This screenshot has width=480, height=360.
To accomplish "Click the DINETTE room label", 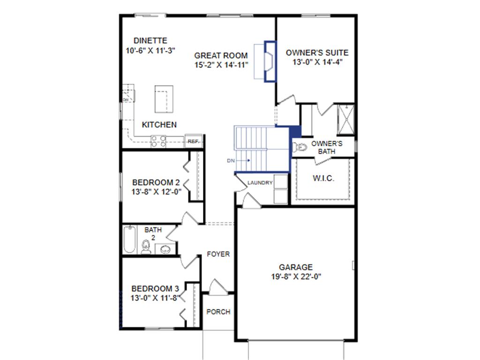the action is pos(150,41).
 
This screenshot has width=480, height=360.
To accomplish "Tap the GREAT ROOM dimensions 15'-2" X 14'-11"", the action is pos(221,65).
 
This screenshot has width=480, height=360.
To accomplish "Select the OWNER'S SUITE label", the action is pos(317,52).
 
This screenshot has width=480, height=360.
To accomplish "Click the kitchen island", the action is pos(164,99).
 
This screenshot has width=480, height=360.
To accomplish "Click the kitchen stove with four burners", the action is pos(158,142).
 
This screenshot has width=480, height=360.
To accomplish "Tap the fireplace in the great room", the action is pos(270,61).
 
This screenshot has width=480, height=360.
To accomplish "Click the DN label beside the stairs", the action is pos(231,160).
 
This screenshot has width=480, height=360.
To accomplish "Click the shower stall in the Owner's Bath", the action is pos(345,120).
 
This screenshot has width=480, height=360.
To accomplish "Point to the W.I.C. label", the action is pos(323,178).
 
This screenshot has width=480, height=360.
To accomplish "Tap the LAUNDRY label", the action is pos(260,183).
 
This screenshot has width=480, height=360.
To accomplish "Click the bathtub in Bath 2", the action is pos(129,240).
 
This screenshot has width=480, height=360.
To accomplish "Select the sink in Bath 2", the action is pos(165,249).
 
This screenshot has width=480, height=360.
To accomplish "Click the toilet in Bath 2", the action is pos(146,247).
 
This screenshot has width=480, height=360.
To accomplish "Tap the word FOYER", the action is pos(218,254).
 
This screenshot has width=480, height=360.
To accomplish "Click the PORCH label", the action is pos(218,312).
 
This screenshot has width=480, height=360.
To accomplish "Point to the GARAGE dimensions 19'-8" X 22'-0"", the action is pos(296,277).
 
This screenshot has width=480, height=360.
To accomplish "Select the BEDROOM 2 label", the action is pos(156,182).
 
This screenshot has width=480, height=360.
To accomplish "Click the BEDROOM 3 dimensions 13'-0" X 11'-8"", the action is pos(155,298).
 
